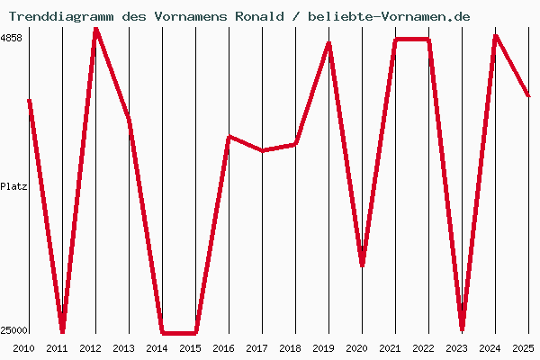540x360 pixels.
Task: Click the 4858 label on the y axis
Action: tap(13, 39)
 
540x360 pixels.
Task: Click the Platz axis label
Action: tap(13, 186)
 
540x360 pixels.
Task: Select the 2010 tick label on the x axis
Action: tap(23, 348)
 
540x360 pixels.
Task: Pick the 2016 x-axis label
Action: tap(223, 348)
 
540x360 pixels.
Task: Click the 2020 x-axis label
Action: tap(356, 348)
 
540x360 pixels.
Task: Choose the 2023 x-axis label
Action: tap(456, 348)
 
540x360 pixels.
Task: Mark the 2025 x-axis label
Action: tap(522, 348)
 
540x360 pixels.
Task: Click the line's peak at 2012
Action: tap(95, 29)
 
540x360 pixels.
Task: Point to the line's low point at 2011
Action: tap(62, 331)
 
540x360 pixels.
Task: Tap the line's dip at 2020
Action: tap(362, 265)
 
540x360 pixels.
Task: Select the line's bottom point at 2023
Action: tap(462, 329)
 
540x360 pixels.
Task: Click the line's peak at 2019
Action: tap(329, 43)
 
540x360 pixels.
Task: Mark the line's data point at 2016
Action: tap(229, 137)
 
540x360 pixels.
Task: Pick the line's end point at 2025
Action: tap(528, 95)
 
